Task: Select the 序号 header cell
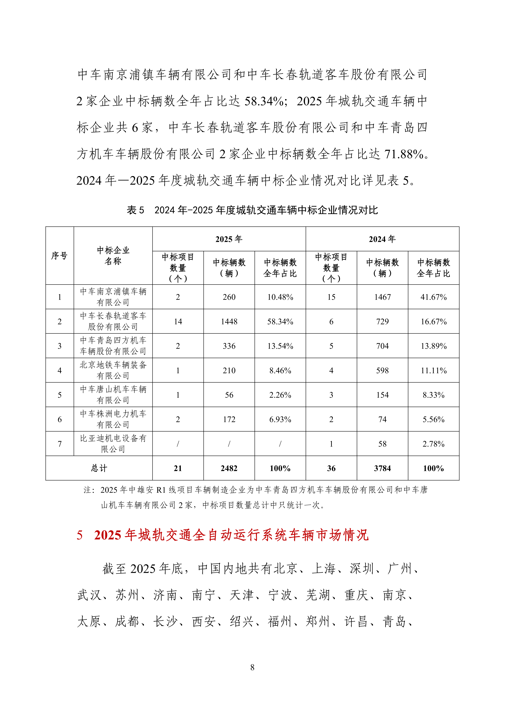click(59, 256)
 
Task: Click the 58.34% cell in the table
click(280, 322)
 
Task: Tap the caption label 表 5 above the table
click(135, 210)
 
